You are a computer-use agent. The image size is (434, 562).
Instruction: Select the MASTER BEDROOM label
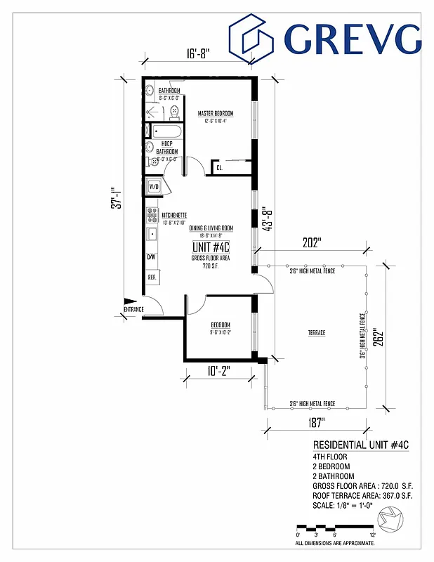[x=215, y=113]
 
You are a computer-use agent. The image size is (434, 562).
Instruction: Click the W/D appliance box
[x=154, y=187]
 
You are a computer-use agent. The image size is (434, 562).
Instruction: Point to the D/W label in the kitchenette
[x=151, y=257]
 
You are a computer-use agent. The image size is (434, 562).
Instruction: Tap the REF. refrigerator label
[x=151, y=277]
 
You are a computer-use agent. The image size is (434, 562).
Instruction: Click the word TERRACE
[x=316, y=332]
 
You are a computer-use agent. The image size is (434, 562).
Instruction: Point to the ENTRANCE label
[x=133, y=309]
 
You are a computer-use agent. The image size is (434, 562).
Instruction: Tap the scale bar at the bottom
[x=334, y=527]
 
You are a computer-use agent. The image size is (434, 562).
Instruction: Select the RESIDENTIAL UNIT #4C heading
[x=360, y=445]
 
